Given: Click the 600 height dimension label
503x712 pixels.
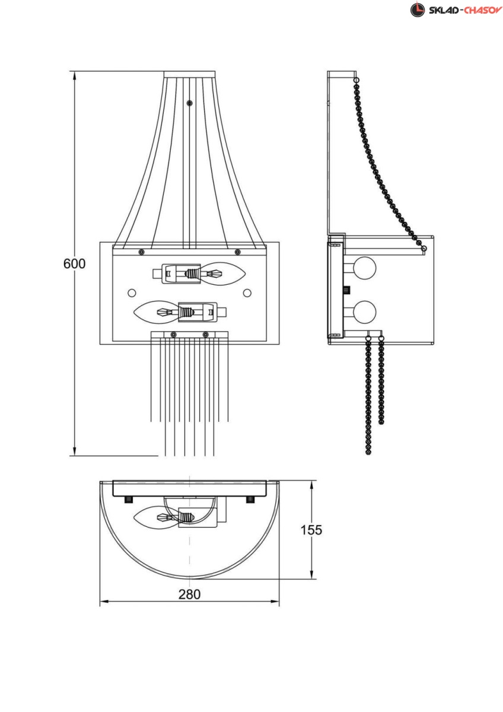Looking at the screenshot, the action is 74,264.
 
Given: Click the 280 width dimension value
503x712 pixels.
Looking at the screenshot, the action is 189,595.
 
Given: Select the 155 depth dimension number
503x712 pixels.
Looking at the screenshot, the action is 311,530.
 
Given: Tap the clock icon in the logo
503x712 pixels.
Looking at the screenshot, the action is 418,9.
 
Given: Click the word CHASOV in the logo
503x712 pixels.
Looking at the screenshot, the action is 483,11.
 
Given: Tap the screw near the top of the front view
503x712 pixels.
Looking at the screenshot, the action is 190,103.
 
